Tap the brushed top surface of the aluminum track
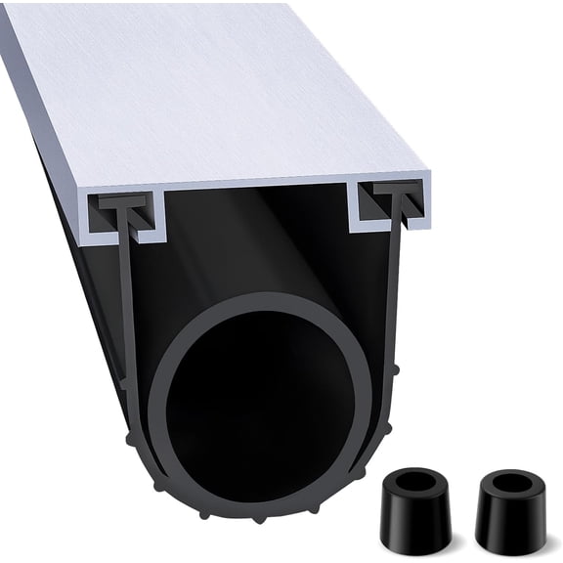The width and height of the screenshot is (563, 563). [x=215, y=88]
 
